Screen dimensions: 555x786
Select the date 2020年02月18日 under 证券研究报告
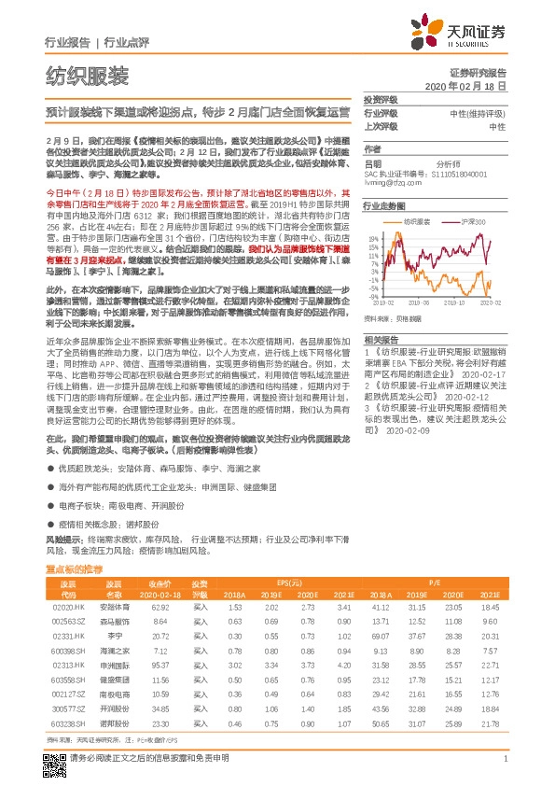tap(472, 85)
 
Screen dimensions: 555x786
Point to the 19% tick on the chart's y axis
tap(370, 236)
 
